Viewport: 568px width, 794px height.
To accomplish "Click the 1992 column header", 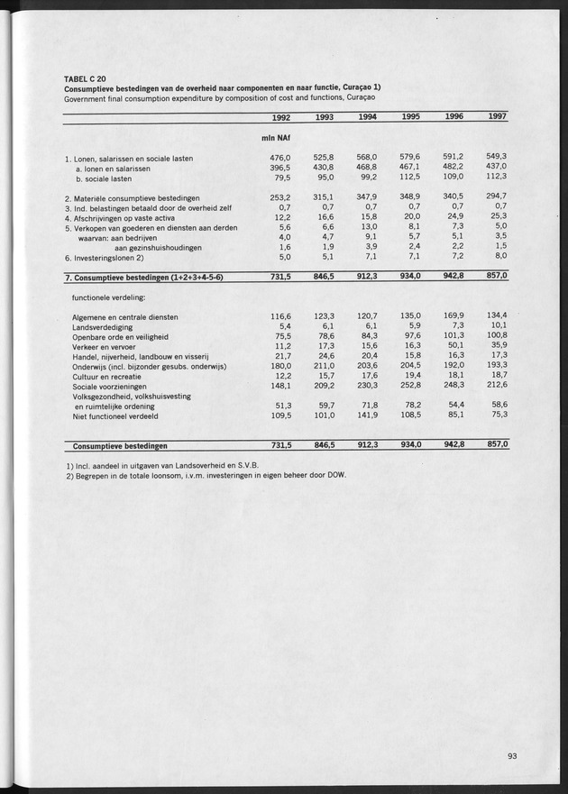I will (x=281, y=117).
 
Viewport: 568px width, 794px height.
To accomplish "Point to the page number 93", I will (x=512, y=755).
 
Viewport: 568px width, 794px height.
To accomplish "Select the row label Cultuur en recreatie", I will (x=111, y=375).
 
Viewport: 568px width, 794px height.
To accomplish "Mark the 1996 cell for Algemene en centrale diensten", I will (x=452, y=317).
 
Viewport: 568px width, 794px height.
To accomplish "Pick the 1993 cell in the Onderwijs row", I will (x=323, y=366).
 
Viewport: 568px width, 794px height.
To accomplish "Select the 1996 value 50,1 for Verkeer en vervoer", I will (x=453, y=346).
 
